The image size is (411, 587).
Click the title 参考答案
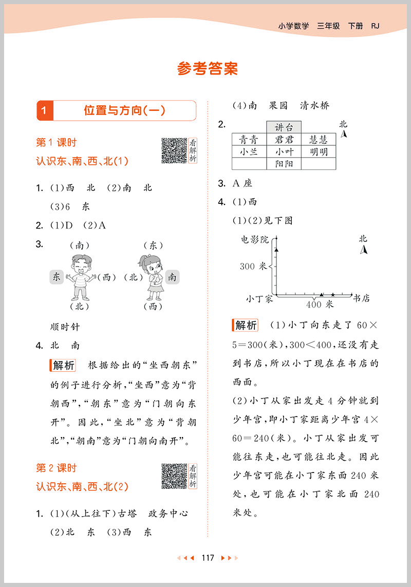pyautogui.click(x=208, y=69)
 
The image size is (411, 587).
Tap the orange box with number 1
pyautogui.click(x=45, y=110)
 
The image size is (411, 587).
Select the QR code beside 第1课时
pyautogui.click(x=174, y=150)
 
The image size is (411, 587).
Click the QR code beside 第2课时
pyautogui.click(x=174, y=476)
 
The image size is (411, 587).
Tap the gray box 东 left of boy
pyautogui.click(x=56, y=277)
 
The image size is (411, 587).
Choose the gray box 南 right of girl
pyautogui.click(x=173, y=277)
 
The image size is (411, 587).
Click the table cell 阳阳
pyautogui.click(x=284, y=164)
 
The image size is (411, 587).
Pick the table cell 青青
pyautogui.click(x=249, y=140)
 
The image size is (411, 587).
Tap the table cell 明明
pyautogui.click(x=319, y=152)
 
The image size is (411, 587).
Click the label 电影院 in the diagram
pyautogui.click(x=255, y=239)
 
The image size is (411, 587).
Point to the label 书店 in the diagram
pyautogui.click(x=361, y=298)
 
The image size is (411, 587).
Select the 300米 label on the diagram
pyautogui.click(x=254, y=266)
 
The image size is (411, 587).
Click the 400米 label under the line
pyautogui.click(x=320, y=305)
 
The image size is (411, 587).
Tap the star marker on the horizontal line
pyautogui.click(x=333, y=294)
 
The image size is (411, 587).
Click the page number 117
pyautogui.click(x=208, y=558)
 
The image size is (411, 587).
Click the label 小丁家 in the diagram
pyautogui.click(x=259, y=298)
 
